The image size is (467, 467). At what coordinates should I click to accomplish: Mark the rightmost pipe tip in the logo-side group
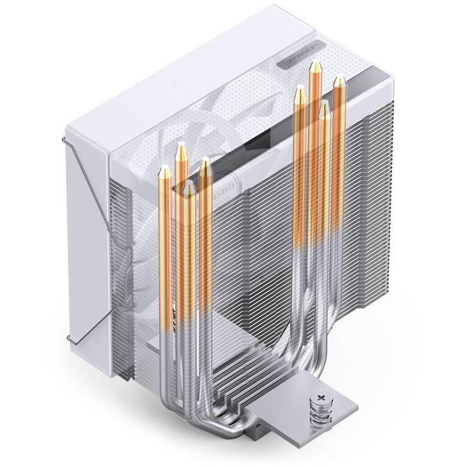[338, 82]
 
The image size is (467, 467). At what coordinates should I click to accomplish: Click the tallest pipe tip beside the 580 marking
[181, 149]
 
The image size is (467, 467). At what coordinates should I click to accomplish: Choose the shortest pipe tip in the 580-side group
[188, 186]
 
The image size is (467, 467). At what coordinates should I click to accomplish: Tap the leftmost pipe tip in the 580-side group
[165, 171]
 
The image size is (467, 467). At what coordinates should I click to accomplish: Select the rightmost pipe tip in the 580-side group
[205, 164]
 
